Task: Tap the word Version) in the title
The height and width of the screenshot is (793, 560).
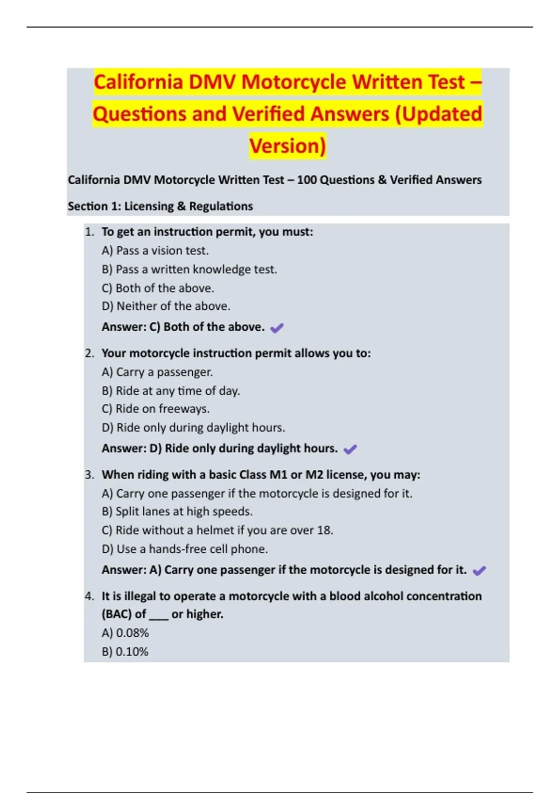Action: [287, 146]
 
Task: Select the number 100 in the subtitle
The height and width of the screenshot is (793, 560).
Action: [307, 180]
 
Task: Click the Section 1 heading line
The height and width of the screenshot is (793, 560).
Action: [160, 206]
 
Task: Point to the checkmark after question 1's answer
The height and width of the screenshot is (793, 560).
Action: [277, 328]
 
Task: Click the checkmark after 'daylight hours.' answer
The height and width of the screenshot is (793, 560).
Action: [350, 449]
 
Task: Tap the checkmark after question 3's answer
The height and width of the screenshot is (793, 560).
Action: [479, 570]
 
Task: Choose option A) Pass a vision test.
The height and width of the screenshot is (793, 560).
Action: [155, 250]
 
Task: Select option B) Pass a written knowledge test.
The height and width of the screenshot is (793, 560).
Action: [189, 270]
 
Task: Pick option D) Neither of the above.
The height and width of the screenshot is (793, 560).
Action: [166, 306]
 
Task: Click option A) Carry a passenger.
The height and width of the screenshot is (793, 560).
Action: [157, 372]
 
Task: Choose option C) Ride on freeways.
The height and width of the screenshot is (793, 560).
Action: [155, 409]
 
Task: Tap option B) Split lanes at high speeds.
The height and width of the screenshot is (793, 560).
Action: [177, 511]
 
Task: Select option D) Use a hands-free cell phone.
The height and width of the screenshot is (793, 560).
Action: [184, 549]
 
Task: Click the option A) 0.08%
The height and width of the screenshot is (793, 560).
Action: [125, 633]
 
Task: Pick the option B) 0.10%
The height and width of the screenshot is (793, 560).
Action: [125, 652]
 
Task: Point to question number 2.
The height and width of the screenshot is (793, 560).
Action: [89, 354]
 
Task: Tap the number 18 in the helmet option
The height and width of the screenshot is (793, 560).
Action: [325, 530]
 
